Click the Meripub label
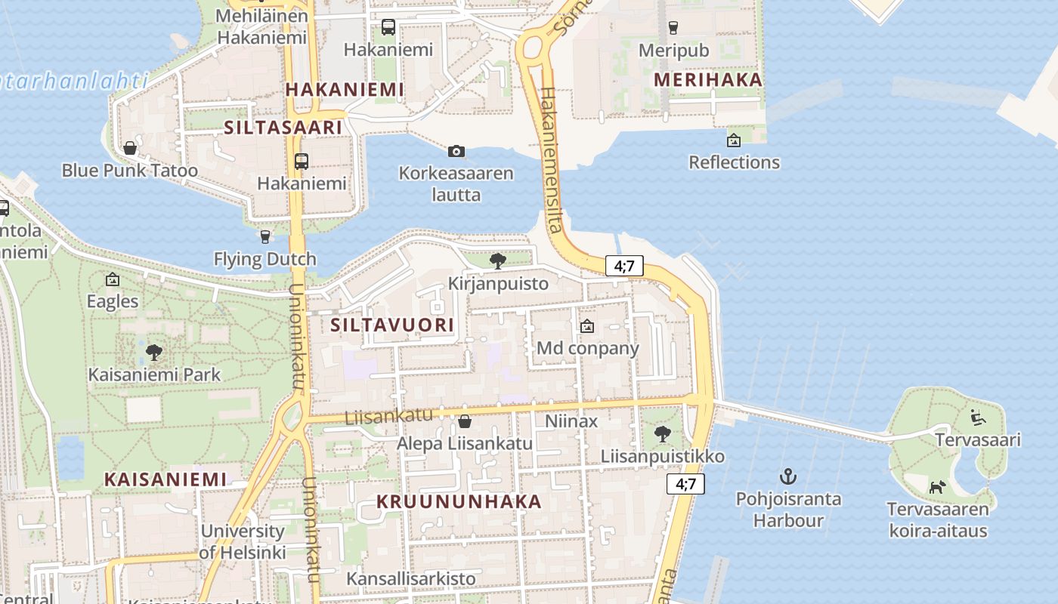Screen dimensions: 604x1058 click(x=673, y=50)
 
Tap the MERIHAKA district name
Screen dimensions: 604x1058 click(x=707, y=79)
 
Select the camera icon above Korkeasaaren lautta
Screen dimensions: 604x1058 click(x=456, y=151)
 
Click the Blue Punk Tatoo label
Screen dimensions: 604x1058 click(x=129, y=170)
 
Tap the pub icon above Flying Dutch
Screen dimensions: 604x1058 click(x=264, y=237)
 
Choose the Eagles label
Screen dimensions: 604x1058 click(x=113, y=301)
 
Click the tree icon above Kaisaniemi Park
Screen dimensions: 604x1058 click(x=154, y=352)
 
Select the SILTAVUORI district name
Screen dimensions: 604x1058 click(x=392, y=325)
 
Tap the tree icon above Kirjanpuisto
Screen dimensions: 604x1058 click(x=497, y=261)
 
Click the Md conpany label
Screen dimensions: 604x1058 click(x=587, y=348)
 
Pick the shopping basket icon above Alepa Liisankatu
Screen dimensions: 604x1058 click(x=465, y=421)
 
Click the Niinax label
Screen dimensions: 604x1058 click(x=571, y=421)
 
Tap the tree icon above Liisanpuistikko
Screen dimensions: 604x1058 click(x=662, y=433)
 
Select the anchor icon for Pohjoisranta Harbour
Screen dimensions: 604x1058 click(x=788, y=476)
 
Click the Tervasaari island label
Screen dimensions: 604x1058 click(x=978, y=439)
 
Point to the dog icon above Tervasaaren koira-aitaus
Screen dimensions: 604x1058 click(x=937, y=487)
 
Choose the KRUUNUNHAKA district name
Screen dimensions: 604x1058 click(x=459, y=501)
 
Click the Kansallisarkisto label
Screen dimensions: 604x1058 click(x=411, y=579)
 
